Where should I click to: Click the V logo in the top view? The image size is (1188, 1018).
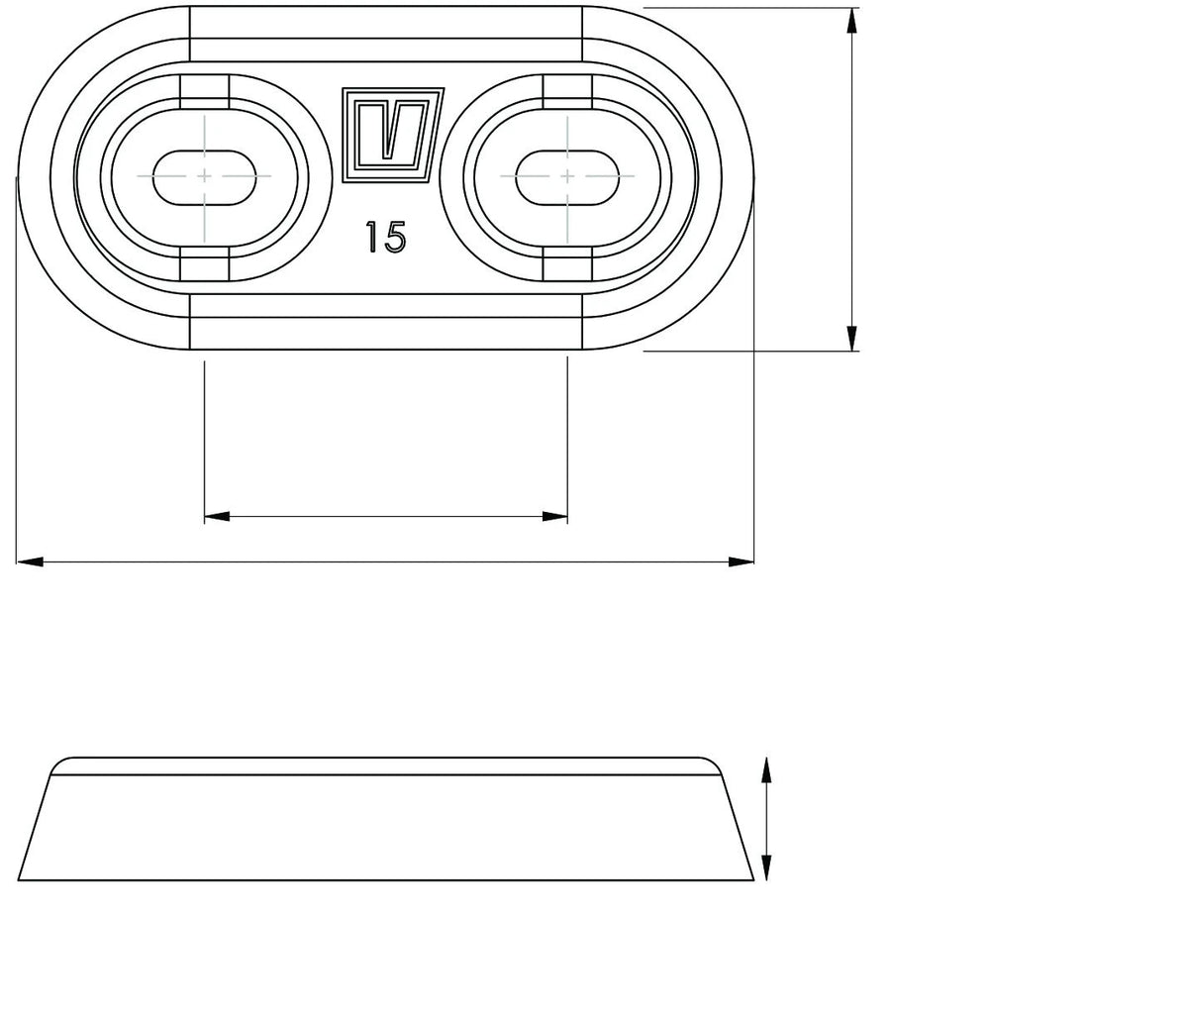pos(393,135)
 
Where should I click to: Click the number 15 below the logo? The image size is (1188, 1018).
pos(386,237)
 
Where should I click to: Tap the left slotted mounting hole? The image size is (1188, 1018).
pos(204,177)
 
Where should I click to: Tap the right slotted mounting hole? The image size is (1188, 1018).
pos(567,177)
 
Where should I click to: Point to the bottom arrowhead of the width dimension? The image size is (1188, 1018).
pos(851,338)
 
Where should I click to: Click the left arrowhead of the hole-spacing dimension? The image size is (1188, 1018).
pos(217,516)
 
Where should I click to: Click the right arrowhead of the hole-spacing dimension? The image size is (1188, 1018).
pos(554,516)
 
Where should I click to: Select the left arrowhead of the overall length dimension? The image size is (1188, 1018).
pos(30,561)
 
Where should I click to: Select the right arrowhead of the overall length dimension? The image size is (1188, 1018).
pos(741,561)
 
